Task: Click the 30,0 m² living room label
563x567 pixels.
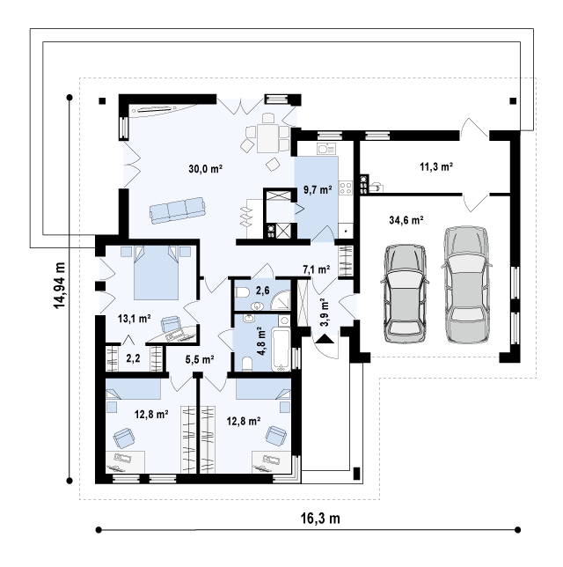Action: tap(205, 168)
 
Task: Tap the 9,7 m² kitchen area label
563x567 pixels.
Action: tap(318, 190)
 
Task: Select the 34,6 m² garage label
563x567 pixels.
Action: tap(406, 220)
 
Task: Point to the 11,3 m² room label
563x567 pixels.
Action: tap(436, 166)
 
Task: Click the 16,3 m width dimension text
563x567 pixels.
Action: tap(320, 519)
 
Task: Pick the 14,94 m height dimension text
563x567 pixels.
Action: tap(60, 285)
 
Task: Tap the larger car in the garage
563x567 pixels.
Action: tap(466, 285)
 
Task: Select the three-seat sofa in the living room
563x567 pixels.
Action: tap(178, 210)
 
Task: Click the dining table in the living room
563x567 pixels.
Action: tap(267, 138)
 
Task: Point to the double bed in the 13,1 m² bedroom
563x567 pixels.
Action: tap(156, 273)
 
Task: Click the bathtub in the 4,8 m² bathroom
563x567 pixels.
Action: tap(281, 350)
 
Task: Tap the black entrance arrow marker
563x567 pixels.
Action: tap(325, 338)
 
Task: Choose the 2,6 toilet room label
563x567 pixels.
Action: tap(262, 291)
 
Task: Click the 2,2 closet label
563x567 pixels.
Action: tap(133, 358)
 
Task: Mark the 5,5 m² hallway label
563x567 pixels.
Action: tap(200, 359)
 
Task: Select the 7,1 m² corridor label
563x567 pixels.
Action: tap(316, 269)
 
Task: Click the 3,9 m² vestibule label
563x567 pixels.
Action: tap(325, 313)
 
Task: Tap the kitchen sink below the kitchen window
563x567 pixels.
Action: tap(326, 149)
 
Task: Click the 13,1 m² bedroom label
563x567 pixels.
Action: tap(134, 319)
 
